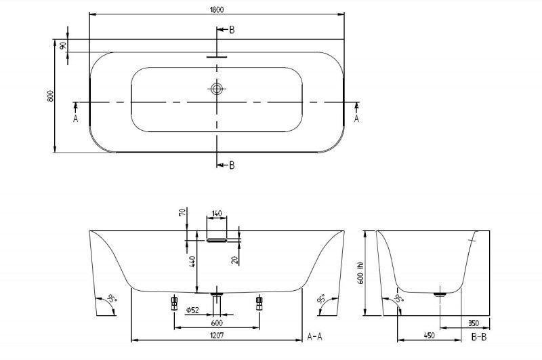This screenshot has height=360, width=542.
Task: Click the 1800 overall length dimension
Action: click(x=216, y=9)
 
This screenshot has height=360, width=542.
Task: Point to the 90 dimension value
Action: click(x=63, y=45)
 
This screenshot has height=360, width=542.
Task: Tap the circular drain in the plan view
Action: click(x=217, y=89)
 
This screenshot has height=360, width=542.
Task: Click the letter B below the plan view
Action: click(x=232, y=165)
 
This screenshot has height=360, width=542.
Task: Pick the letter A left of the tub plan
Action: click(x=75, y=118)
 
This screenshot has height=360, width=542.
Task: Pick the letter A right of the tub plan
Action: click(x=357, y=118)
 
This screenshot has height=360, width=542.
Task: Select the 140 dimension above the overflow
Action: click(x=217, y=214)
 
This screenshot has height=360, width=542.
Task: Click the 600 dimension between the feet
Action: click(x=216, y=323)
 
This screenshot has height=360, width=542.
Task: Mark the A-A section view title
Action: click(x=316, y=336)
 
